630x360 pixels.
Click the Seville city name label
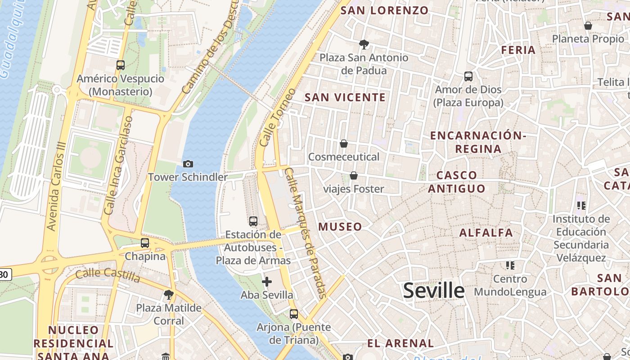(433, 290)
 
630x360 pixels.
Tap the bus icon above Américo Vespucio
(120, 65)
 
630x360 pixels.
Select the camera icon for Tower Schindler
(188, 164)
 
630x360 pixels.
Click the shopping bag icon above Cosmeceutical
(344, 144)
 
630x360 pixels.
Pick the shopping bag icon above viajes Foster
(354, 175)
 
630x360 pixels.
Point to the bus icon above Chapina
(145, 243)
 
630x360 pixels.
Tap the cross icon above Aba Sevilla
(267, 282)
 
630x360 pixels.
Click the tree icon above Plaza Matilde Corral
(169, 295)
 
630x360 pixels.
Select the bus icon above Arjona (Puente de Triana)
(294, 314)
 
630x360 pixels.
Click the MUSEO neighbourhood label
(340, 227)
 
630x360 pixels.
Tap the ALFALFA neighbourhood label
(486, 233)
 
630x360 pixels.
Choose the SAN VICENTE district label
(345, 97)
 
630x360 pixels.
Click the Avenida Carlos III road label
(56, 187)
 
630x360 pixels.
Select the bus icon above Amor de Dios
(468, 76)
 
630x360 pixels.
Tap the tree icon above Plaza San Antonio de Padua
(364, 44)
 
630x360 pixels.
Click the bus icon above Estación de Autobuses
(253, 221)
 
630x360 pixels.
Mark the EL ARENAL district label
(400, 343)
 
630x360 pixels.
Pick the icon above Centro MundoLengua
(510, 265)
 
